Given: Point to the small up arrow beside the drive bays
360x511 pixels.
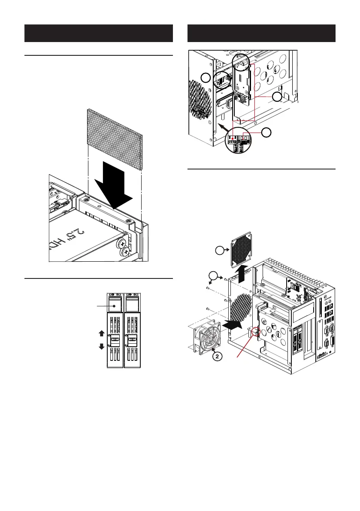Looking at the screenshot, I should [x=101, y=333].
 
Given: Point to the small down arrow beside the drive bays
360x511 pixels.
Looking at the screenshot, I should [x=101, y=346].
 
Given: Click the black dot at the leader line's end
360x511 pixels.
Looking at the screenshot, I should [x=115, y=306].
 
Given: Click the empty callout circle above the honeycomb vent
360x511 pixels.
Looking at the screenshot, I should [x=207, y=78].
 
